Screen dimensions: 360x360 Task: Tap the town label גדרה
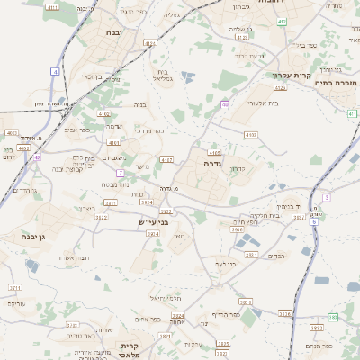[x=206, y=165]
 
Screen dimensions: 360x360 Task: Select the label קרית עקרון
[x=292, y=76]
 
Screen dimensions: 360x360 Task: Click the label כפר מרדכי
[x=148, y=130]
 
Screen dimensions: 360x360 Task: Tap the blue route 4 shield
[x=56, y=70]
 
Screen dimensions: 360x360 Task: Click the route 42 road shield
[x=37, y=157]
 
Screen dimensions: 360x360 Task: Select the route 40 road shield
[x=224, y=104]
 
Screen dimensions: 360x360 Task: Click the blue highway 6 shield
[x=327, y=196]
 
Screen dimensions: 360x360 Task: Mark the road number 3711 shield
[x=15, y=288]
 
